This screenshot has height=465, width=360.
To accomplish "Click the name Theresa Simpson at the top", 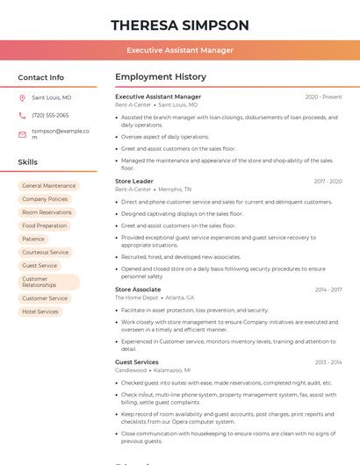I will point(180,25).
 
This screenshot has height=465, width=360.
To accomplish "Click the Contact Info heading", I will point(40,77).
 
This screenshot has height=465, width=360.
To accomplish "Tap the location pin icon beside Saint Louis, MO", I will point(22,97).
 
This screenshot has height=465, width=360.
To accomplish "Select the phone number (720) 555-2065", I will point(50,115).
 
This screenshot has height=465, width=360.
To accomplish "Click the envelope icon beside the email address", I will point(22,133).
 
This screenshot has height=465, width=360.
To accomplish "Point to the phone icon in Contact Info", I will point(22,115).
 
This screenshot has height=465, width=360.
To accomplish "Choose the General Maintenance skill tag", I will point(49,186).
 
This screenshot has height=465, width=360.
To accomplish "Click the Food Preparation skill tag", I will point(45,225).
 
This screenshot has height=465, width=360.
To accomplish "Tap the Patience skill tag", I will point(33,239).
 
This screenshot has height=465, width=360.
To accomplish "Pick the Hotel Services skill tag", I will point(40,311).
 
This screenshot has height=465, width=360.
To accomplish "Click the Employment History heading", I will point(161,77).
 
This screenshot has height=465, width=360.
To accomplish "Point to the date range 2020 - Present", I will point(323,97).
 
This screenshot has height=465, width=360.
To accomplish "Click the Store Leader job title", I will point(134,181).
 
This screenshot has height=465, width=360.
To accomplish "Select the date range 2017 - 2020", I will point(328,181).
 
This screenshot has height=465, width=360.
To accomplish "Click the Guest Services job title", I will point(137,361).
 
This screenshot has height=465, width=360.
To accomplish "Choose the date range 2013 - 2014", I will point(328,362).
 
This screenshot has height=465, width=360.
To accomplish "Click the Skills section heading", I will point(28,162).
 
